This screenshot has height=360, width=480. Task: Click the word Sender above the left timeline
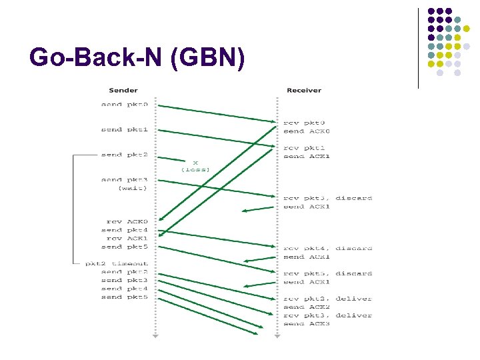(x=123, y=90)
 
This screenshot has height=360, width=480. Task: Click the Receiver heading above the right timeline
(x=303, y=90)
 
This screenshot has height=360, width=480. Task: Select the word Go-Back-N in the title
(x=96, y=58)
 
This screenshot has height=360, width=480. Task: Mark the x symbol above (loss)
(x=195, y=162)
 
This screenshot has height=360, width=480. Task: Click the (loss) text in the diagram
(x=195, y=170)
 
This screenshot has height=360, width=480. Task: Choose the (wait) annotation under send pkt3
(x=133, y=188)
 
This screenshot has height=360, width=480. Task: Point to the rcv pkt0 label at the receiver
(x=305, y=123)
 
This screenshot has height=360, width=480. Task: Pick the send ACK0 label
(x=306, y=131)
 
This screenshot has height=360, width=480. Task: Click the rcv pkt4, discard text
(x=327, y=248)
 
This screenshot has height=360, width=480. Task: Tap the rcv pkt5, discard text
(x=327, y=273)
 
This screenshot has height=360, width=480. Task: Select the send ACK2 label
(x=306, y=307)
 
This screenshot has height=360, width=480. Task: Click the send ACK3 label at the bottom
(x=306, y=324)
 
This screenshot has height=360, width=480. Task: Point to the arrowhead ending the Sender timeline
(x=155, y=337)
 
